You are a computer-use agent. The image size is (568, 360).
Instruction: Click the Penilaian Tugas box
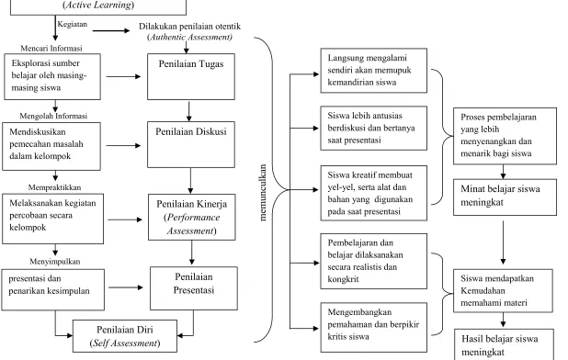tap(191, 77)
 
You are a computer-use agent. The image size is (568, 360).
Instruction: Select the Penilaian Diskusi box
tap(191, 145)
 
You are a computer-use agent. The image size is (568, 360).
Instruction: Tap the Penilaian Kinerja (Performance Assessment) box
tap(191, 217)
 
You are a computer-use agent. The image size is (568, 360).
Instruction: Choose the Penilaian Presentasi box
tap(194, 288)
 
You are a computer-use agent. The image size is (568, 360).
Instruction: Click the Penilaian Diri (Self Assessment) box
tap(125, 336)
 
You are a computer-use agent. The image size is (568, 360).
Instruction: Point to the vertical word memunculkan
tap(263, 193)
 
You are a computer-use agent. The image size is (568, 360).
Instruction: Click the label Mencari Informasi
tap(51, 48)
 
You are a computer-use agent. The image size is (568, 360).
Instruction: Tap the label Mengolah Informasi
tap(53, 116)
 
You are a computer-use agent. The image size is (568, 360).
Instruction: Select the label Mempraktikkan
tap(55, 187)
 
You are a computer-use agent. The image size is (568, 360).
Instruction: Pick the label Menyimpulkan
tap(55, 261)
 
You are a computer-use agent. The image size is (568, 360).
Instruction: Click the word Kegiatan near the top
tap(73, 24)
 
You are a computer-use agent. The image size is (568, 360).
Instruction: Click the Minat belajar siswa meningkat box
tap(505, 197)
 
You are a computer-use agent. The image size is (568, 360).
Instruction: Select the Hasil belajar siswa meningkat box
tap(504, 344)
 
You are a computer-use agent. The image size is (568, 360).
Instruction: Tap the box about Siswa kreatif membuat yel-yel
tap(374, 193)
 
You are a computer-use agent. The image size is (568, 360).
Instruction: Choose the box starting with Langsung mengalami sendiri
tap(374, 70)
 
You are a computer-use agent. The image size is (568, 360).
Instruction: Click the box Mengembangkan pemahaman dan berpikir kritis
tap(374, 328)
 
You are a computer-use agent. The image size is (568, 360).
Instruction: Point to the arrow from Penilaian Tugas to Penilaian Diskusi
tap(188, 111)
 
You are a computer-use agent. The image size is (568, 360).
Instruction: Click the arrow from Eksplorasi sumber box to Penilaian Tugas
tap(123, 77)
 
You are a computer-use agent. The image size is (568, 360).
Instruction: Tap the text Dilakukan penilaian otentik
tap(190, 26)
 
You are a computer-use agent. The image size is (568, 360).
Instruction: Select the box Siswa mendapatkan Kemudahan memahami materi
tap(503, 290)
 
